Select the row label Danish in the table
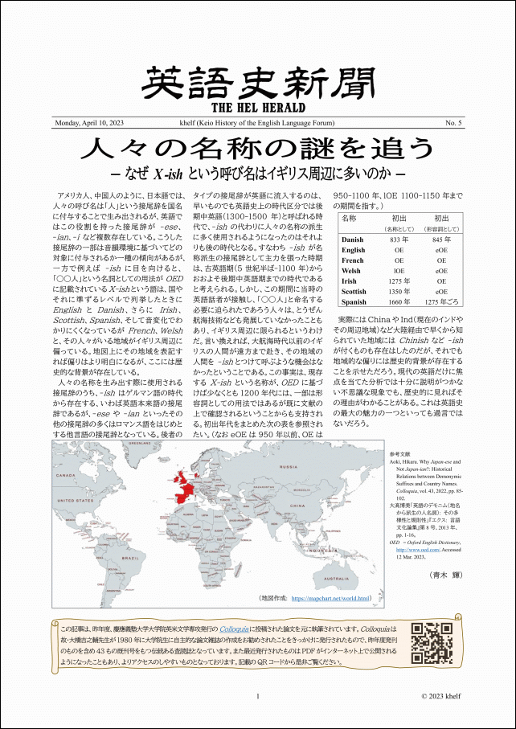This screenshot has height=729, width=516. [353, 240]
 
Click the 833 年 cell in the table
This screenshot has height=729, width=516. [395, 240]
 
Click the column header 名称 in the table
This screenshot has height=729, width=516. [350, 218]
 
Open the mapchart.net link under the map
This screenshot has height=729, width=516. [330, 598]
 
